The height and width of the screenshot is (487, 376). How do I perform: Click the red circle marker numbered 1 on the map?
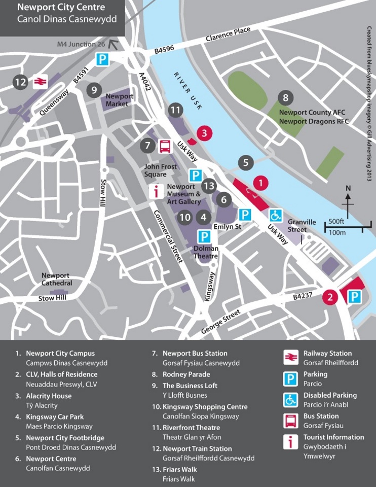pyautogui.click(x=260, y=182)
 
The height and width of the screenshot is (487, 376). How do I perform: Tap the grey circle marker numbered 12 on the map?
pyautogui.click(x=20, y=82)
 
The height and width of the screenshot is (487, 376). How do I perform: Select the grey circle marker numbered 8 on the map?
pyautogui.click(x=286, y=97)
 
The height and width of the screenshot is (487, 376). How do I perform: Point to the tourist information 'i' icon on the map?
pyautogui.click(x=156, y=191)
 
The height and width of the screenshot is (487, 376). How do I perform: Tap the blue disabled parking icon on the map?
pyautogui.click(x=275, y=215)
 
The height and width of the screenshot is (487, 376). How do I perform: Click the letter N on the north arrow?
pyautogui.click(x=348, y=188)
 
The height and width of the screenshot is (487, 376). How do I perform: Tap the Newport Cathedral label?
pyautogui.click(x=57, y=279)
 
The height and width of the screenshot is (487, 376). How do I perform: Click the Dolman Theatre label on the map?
pyautogui.click(x=206, y=252)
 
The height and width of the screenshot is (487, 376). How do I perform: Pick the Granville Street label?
pyautogui.click(x=302, y=226)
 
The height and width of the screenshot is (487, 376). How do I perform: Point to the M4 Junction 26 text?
pyautogui.click(x=81, y=44)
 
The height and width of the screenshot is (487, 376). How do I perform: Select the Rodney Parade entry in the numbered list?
pyautogui.click(x=186, y=374)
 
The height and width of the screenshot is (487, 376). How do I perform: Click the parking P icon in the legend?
pyautogui.click(x=290, y=378)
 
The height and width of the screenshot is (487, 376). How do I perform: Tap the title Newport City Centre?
pyautogui.click(x=61, y=8)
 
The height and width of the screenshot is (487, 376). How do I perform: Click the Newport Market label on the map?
pyautogui.click(x=120, y=100)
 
